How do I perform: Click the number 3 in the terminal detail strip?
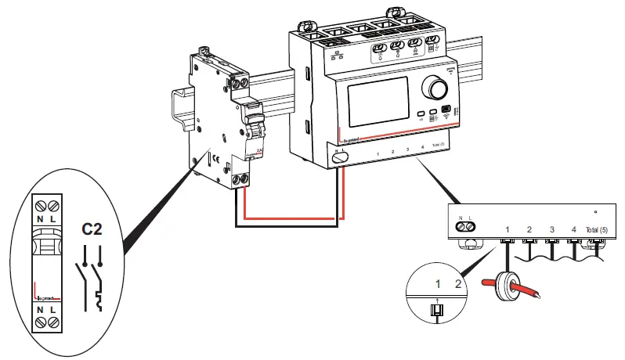pyautogui.click(x=552, y=229)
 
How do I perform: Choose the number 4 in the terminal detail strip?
pyautogui.click(x=574, y=229)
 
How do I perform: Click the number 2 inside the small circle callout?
pyautogui.click(x=460, y=282)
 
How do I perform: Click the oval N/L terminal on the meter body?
pyautogui.click(x=340, y=156)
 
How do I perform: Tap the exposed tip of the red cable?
pyautogui.click(x=540, y=296)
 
